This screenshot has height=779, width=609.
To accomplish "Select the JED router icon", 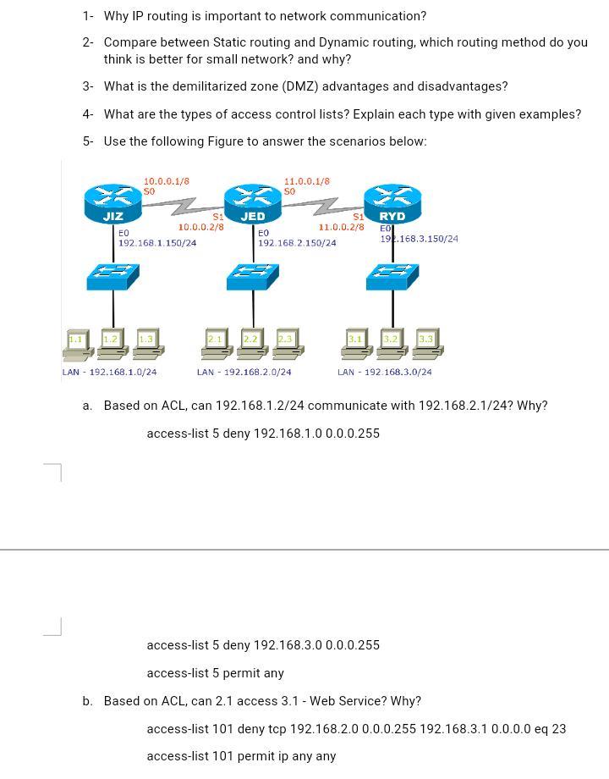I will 252,202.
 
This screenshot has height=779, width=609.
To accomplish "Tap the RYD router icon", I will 392,202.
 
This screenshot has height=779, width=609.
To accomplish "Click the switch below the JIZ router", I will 113,275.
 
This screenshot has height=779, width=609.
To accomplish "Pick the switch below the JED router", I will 252,275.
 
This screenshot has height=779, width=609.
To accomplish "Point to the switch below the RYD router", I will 392,275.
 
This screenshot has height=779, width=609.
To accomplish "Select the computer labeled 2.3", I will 286,343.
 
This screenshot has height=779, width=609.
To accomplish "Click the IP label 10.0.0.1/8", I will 166,181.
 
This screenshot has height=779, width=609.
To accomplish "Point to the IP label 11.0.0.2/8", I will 341,227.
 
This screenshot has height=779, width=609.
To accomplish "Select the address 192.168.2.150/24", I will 297,243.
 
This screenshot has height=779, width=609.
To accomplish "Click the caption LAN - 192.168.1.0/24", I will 109,372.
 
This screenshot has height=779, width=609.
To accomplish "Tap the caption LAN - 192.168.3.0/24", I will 384,372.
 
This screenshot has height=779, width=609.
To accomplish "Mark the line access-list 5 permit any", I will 215,673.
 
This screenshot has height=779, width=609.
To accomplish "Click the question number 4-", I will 88,114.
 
